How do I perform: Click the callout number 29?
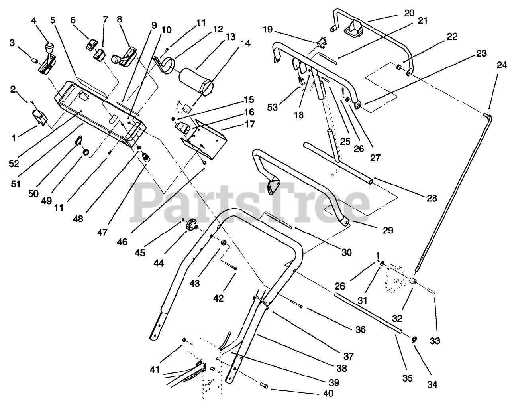[388, 230]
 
